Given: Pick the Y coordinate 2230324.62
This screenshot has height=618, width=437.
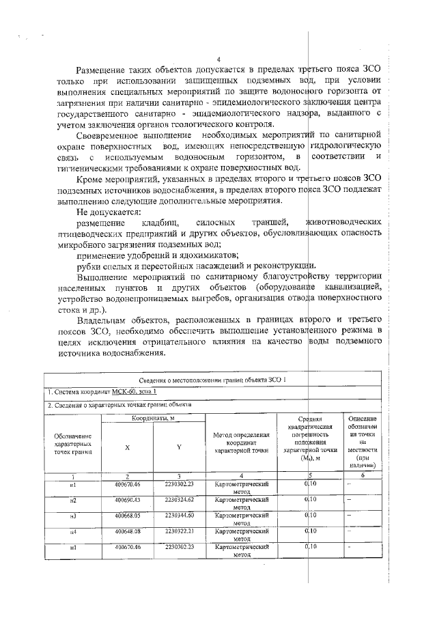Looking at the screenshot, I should coord(180,500).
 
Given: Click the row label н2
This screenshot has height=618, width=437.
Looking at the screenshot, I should coord(73,501).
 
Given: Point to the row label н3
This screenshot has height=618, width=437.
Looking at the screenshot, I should coord(73,516).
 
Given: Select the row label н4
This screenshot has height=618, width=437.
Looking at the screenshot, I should coord(73,531).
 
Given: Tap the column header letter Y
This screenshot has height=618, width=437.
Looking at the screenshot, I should coord(179,447).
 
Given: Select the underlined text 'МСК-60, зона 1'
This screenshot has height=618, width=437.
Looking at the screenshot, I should coord(135,391).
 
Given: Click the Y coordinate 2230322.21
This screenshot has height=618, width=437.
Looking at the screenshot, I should coord(180,530).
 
